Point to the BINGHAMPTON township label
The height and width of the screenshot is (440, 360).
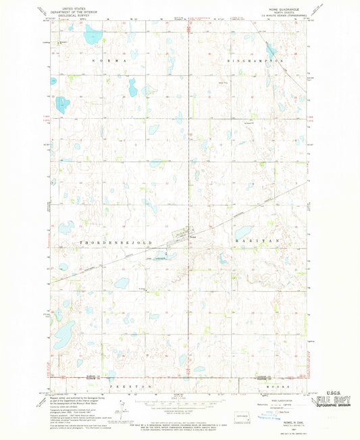click(x=255, y=61)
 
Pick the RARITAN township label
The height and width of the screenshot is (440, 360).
click(x=255, y=241)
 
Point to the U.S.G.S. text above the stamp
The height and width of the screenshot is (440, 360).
click(x=326, y=391)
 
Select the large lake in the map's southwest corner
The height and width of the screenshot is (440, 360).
click(x=63, y=332)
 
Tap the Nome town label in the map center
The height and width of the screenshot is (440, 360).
click(x=192, y=237)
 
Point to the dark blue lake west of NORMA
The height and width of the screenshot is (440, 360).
click(x=62, y=105)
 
